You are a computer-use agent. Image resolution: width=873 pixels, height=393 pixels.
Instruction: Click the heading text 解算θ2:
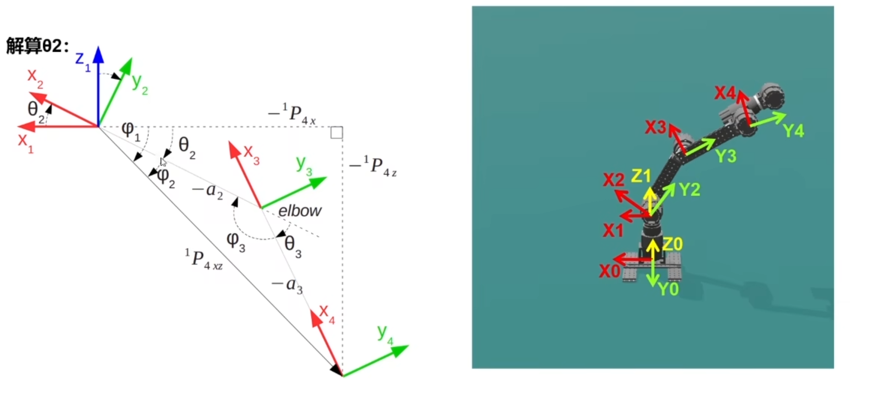(37, 46)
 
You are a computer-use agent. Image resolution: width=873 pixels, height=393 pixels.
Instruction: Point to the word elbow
(300, 211)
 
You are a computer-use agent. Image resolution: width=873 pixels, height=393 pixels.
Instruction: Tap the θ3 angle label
(293, 246)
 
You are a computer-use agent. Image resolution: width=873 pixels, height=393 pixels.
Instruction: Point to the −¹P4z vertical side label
(373, 166)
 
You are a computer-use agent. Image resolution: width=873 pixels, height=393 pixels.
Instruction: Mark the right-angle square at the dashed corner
(337, 132)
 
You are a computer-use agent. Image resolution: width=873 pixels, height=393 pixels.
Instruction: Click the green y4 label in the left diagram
(385, 333)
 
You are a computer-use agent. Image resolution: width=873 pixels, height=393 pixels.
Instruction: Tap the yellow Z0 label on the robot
(672, 244)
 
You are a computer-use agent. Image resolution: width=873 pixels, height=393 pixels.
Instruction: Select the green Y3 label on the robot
(726, 156)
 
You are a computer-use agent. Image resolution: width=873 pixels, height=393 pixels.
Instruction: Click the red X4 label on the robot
(725, 93)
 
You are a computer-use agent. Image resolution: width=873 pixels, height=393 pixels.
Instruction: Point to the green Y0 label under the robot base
(668, 289)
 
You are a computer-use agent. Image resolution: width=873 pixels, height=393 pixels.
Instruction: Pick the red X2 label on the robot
(613, 180)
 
